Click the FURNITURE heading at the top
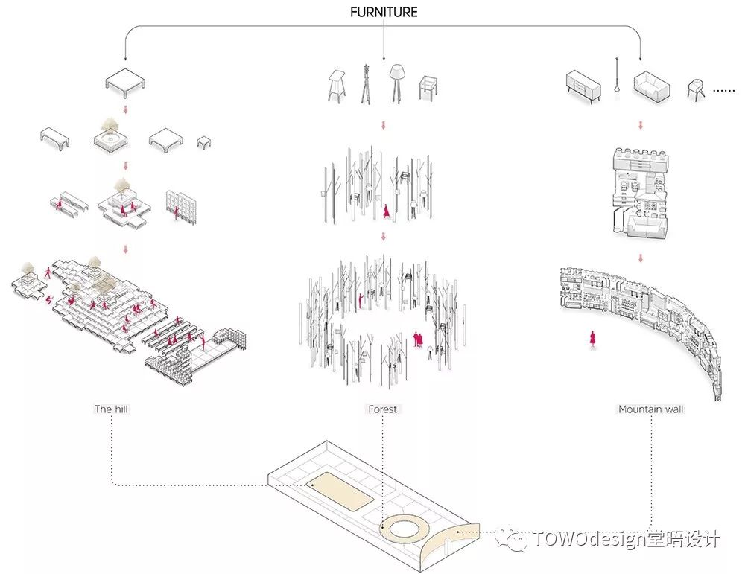click(384, 12)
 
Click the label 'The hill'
click(111, 409)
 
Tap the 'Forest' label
click(382, 409)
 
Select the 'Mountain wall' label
click(651, 409)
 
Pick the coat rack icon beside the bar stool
click(365, 84)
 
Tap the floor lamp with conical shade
click(396, 83)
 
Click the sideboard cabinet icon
click(583, 87)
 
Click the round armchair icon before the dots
click(696, 89)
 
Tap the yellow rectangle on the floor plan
click(340, 491)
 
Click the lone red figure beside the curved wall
click(592, 339)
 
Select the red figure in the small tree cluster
click(386, 211)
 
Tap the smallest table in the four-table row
click(204, 142)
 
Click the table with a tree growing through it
click(111, 135)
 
